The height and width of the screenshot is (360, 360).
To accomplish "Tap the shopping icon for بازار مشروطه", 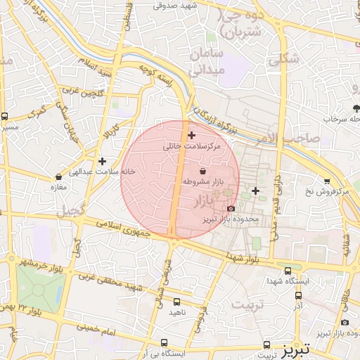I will coord(203,171).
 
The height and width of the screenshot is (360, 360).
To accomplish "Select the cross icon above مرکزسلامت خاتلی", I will coord(191,135).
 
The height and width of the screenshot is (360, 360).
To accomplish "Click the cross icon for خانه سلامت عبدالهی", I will coord(102,161).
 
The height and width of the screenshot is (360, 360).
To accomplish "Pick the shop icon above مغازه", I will coord(58,176).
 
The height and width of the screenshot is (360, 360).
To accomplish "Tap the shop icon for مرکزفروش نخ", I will coord(327,181).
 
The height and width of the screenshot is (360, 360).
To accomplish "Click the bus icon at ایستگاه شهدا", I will coord(288,270).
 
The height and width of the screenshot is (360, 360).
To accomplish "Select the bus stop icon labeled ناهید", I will coord(176,302).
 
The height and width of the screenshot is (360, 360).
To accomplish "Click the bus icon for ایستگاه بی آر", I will coord(146,343).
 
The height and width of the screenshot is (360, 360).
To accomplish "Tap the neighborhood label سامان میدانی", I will coord(205,62).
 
